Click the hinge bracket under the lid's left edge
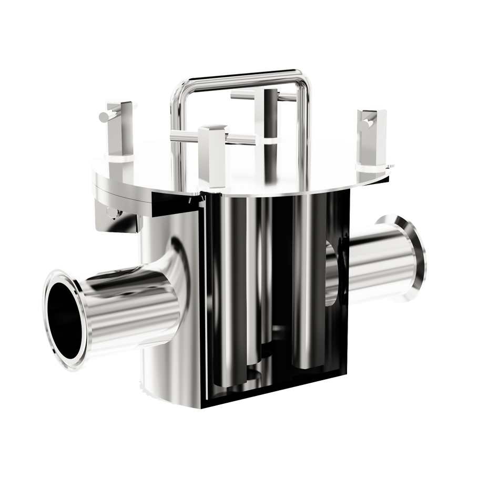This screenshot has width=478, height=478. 108,205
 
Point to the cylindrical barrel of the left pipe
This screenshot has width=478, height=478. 131,305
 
